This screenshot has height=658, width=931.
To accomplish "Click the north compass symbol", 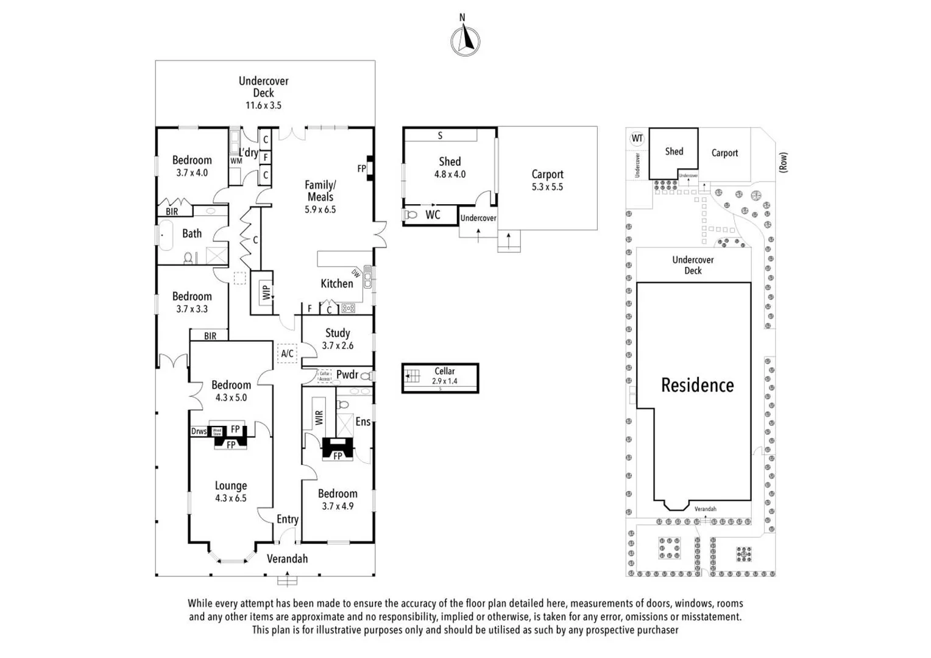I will tap(465, 41).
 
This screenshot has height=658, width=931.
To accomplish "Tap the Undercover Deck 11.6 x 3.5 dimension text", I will tap(263, 105).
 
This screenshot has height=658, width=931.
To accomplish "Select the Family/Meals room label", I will tap(320, 191).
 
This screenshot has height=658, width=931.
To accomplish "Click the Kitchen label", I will tap(336, 283).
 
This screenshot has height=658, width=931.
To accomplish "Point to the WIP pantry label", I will tap(266, 292).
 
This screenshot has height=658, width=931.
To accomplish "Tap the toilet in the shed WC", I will tap(411, 215).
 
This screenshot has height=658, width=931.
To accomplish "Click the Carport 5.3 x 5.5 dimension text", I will tap(547, 187).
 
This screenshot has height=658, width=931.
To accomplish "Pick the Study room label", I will tap(338, 333).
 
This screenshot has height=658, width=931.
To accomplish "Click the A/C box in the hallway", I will tap(287, 353).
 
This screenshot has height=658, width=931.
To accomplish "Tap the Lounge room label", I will tap(231, 486).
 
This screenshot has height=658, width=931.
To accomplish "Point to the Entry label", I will tap(288, 519).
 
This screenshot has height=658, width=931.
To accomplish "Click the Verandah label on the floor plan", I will tap(287, 559).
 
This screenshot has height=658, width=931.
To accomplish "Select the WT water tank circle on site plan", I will tap(637, 138).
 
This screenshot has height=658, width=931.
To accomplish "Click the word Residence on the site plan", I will tap(697, 385).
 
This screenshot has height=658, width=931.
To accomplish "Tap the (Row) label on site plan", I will tap(783, 162).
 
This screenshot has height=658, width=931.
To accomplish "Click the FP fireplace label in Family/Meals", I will tap(361, 169).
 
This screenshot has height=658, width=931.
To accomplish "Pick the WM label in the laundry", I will tap(236, 161).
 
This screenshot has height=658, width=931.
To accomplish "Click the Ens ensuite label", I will tap(363, 422).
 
